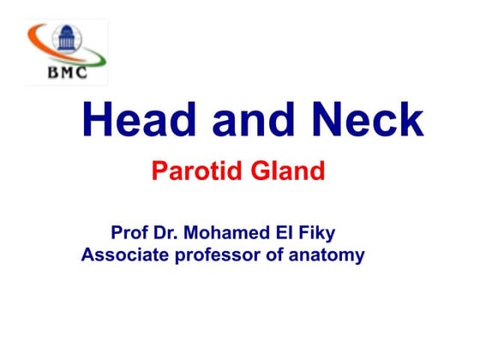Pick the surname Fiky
tap(324, 233)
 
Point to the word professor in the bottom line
tap(218, 256)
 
